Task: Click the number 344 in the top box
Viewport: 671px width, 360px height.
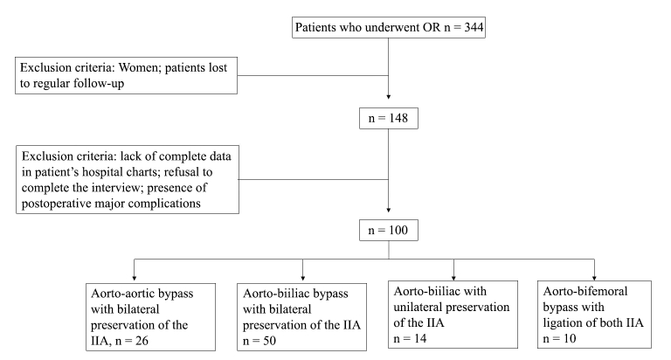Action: [474, 27]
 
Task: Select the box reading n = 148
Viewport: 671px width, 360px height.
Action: [389, 119]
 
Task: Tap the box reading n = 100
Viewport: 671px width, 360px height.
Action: [389, 231]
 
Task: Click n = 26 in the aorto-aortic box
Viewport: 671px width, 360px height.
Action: [132, 341]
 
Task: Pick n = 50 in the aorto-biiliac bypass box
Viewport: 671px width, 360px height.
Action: [259, 341]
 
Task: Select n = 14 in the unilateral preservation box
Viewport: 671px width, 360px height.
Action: [410, 339]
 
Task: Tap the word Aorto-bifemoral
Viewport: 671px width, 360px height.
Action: [585, 292]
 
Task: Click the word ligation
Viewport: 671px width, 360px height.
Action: [561, 322]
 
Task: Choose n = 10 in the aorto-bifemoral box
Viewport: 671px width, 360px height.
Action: [559, 339]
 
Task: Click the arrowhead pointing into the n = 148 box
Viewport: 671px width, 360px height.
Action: [389, 97]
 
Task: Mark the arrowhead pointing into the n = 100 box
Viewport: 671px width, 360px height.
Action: [389, 211]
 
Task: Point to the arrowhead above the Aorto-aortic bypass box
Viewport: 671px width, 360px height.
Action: [135, 278]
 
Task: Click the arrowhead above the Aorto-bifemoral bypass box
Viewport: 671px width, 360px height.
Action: [594, 278]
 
